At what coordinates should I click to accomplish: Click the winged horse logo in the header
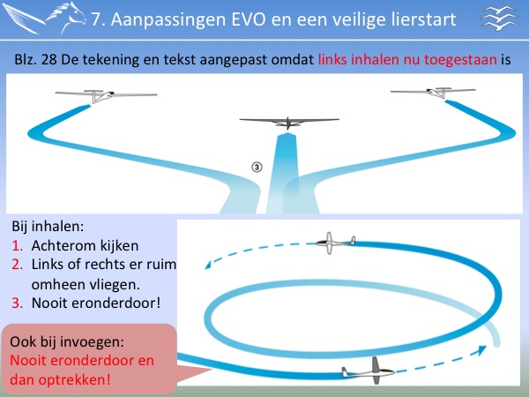click(44, 18)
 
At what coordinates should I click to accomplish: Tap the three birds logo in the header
click(499, 19)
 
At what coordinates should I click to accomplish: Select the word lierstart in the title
click(424, 19)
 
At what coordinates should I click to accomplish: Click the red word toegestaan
click(460, 60)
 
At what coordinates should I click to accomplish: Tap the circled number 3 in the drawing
click(257, 167)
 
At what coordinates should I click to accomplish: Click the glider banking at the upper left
click(106, 95)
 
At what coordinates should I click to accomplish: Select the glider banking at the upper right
click(434, 92)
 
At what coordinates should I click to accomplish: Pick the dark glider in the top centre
click(289, 123)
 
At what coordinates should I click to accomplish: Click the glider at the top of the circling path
click(335, 243)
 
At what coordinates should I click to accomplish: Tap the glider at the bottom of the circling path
click(369, 371)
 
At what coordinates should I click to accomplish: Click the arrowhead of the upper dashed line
click(208, 266)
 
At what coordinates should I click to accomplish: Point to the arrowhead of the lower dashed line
click(481, 350)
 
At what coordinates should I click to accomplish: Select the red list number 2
click(17, 265)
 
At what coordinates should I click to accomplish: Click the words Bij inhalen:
click(48, 227)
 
